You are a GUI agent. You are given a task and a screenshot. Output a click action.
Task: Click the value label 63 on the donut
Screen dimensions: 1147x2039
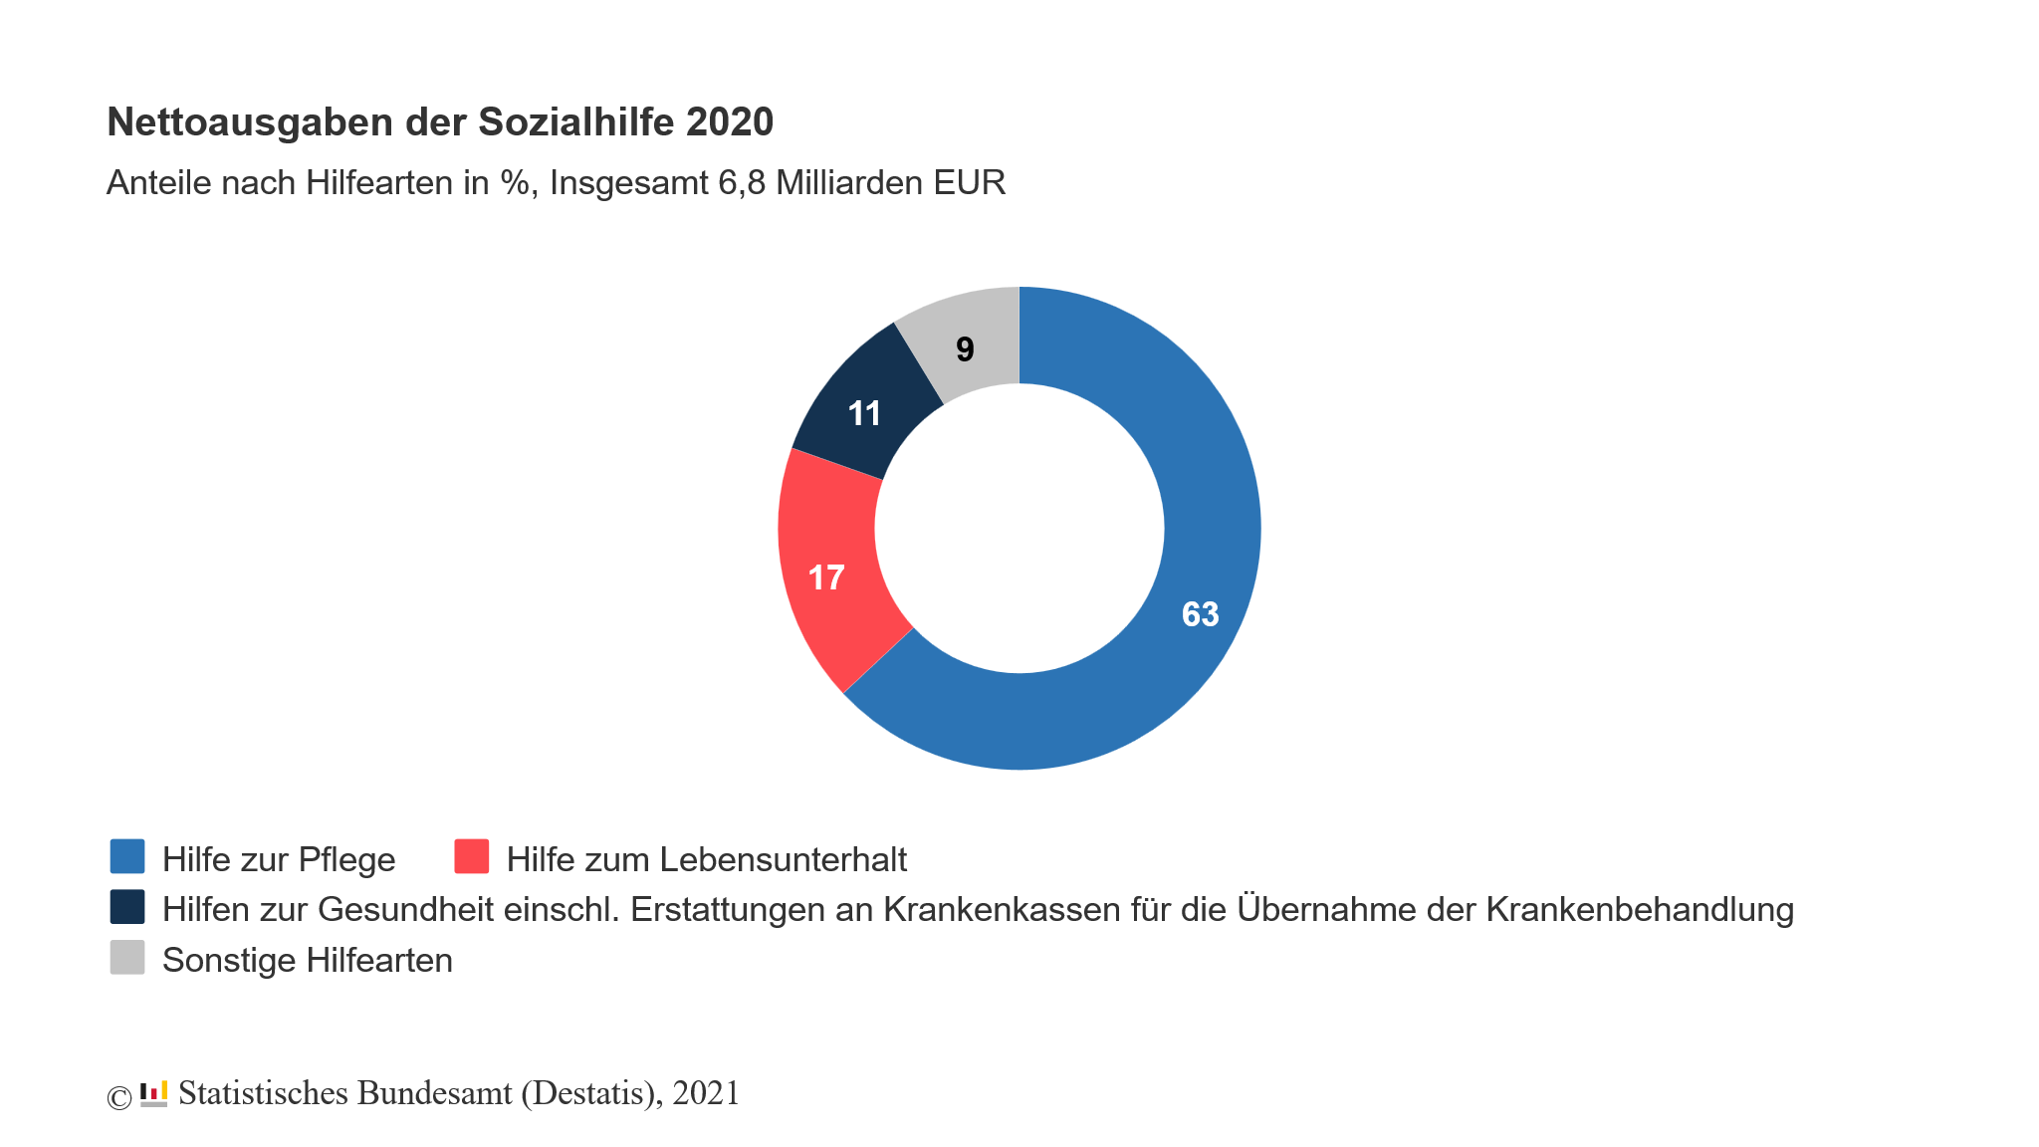1200,614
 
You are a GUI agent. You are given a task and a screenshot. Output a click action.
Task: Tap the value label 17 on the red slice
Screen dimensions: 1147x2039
826,577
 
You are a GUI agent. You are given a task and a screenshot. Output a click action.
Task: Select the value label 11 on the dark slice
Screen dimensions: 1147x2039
864,413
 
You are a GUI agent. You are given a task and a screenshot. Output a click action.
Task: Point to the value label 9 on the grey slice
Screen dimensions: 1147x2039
965,349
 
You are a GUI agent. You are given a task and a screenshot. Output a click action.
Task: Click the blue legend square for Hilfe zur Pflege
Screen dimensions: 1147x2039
127,856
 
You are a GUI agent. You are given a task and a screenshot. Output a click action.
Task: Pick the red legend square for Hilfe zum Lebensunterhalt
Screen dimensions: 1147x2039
472,856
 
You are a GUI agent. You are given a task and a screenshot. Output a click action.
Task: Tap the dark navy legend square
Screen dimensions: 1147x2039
127,907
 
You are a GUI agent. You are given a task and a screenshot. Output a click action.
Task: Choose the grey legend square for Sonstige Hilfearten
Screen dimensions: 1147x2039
127,958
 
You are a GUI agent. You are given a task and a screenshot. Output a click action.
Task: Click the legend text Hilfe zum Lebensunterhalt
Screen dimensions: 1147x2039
706,859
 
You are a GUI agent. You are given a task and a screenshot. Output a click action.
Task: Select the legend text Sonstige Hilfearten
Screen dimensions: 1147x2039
307,960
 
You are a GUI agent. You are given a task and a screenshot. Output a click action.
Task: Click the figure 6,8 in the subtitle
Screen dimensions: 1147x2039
741,183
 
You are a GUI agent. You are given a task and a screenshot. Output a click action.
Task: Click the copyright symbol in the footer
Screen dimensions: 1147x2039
118,1097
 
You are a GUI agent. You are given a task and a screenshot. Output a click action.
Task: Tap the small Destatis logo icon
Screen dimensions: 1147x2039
153,1093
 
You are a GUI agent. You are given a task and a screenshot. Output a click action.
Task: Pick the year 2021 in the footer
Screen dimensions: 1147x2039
706,1093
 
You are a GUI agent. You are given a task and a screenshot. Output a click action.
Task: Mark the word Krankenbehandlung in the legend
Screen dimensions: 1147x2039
1640,909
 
